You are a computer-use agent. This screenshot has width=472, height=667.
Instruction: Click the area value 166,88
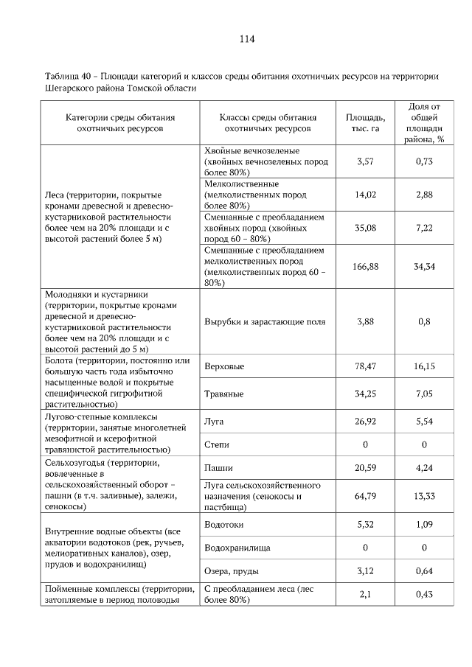(365, 267)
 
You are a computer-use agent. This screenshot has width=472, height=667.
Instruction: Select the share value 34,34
(423, 267)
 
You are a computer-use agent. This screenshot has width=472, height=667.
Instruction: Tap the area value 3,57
(365, 161)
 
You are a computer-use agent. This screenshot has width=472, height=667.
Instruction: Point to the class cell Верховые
(224, 366)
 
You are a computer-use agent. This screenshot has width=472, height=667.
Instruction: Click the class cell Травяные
(223, 394)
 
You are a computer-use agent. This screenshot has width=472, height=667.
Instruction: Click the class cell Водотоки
(223, 525)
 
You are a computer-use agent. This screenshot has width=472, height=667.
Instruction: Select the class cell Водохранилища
(237, 548)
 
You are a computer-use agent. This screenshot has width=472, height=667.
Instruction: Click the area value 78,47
(365, 366)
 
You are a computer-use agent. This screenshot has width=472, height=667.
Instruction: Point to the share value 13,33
(423, 496)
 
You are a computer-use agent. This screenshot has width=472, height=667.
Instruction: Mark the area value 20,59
(365, 468)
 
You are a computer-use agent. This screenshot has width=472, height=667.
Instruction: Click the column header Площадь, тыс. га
(365, 122)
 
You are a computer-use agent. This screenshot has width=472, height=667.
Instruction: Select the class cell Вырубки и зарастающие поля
(264, 322)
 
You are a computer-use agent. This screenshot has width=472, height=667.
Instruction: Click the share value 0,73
(423, 161)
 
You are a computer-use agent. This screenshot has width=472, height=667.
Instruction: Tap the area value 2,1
(365, 594)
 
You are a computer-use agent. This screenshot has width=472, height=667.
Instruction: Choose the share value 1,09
(423, 525)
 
